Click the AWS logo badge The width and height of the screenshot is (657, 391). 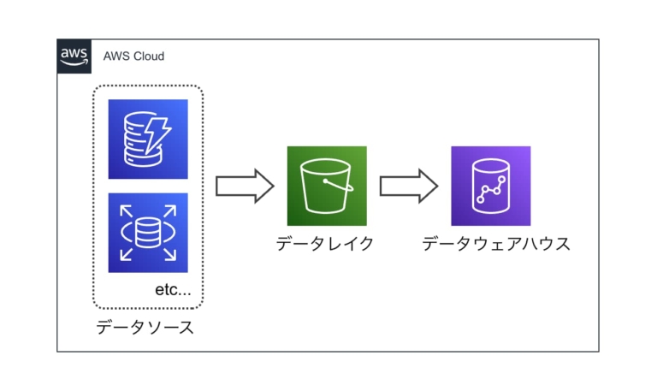pos(74,56)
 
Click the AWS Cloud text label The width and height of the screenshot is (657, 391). pos(133,56)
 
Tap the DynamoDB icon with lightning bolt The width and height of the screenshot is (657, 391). pos(148,139)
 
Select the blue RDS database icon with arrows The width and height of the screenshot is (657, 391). pos(148,232)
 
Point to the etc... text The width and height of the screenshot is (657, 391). pos(173,290)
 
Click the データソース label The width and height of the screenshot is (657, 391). pos(145,327)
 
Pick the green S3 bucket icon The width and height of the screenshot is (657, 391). pos(327,186)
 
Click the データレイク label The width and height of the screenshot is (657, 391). pos(325,245)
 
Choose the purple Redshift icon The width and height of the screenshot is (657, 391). pos(490,186)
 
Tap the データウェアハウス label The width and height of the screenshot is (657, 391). pos(496,245)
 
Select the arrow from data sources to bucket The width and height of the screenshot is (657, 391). pos(244,186)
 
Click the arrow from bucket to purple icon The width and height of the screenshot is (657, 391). pos(409,186)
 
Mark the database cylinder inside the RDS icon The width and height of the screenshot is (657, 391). pos(148,232)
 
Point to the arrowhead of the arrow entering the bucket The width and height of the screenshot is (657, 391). pos(263,186)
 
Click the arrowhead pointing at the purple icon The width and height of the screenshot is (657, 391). pos(429,186)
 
